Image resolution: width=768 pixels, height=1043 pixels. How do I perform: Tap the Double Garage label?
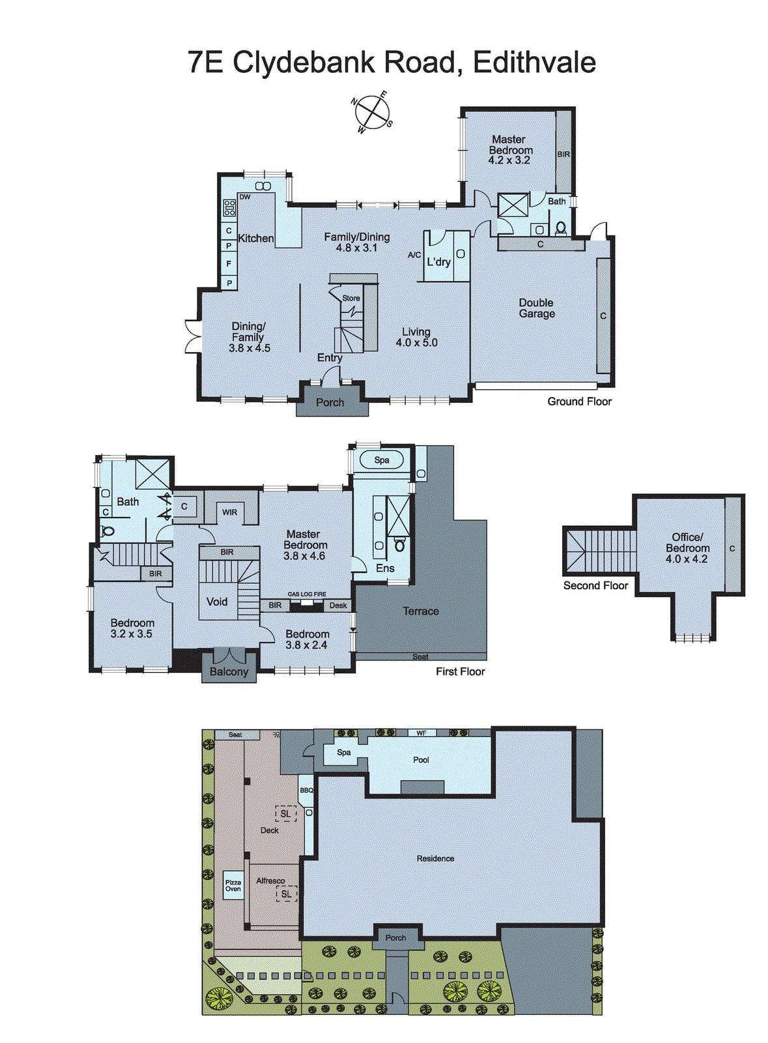pos(537,308)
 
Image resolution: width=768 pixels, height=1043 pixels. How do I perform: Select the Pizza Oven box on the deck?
pos(233,885)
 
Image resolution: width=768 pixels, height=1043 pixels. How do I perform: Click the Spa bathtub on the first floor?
pos(382,460)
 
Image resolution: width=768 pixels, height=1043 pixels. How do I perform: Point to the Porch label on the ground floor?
pos(330,403)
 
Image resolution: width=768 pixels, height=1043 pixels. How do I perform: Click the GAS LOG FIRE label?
pos(307,595)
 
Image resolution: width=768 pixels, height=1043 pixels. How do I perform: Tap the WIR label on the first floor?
pos(230,512)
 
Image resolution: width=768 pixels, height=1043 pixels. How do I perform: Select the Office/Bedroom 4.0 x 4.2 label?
pos(687,548)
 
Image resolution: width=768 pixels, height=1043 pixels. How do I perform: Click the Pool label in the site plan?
pos(421,760)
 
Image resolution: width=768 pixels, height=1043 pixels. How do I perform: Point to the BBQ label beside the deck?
pos(306,791)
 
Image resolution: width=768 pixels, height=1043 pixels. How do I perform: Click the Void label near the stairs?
pos(217,602)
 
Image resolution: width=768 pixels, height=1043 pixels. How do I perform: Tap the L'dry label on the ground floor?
pos(438,262)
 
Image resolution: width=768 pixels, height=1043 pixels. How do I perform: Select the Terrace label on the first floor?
pos(421,611)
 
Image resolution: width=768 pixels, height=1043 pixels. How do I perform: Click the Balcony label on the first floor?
pos(229,672)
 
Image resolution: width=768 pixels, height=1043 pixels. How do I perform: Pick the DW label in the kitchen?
pos(245,197)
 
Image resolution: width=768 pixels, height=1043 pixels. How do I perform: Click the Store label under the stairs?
pos(351,299)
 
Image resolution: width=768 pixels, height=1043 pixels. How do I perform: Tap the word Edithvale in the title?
pos(534,63)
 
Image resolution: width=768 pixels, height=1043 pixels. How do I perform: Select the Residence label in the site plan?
pos(435,859)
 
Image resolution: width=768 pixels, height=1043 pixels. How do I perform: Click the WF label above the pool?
pos(421,733)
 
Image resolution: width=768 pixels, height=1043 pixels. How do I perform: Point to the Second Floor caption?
pos(595,586)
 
